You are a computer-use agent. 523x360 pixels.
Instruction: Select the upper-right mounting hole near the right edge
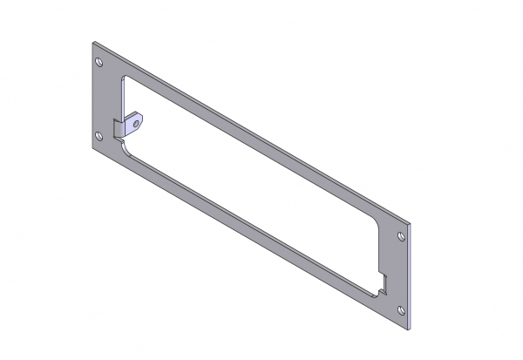point(401,236)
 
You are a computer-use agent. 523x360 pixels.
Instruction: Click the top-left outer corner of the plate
point(92,38)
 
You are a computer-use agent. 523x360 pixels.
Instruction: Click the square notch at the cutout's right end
point(384,281)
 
